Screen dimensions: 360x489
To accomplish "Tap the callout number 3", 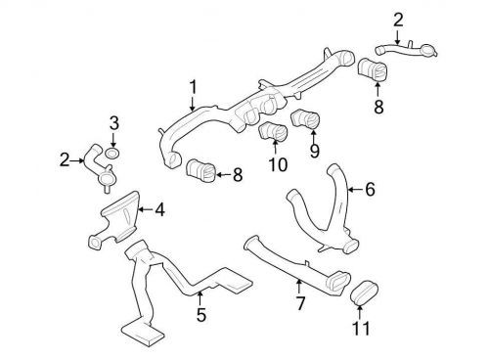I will click(x=113, y=122).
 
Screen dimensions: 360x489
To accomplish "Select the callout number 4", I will click(x=159, y=207).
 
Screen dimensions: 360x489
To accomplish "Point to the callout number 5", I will click(x=200, y=315).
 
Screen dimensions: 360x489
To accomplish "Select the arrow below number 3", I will click(x=113, y=140).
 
